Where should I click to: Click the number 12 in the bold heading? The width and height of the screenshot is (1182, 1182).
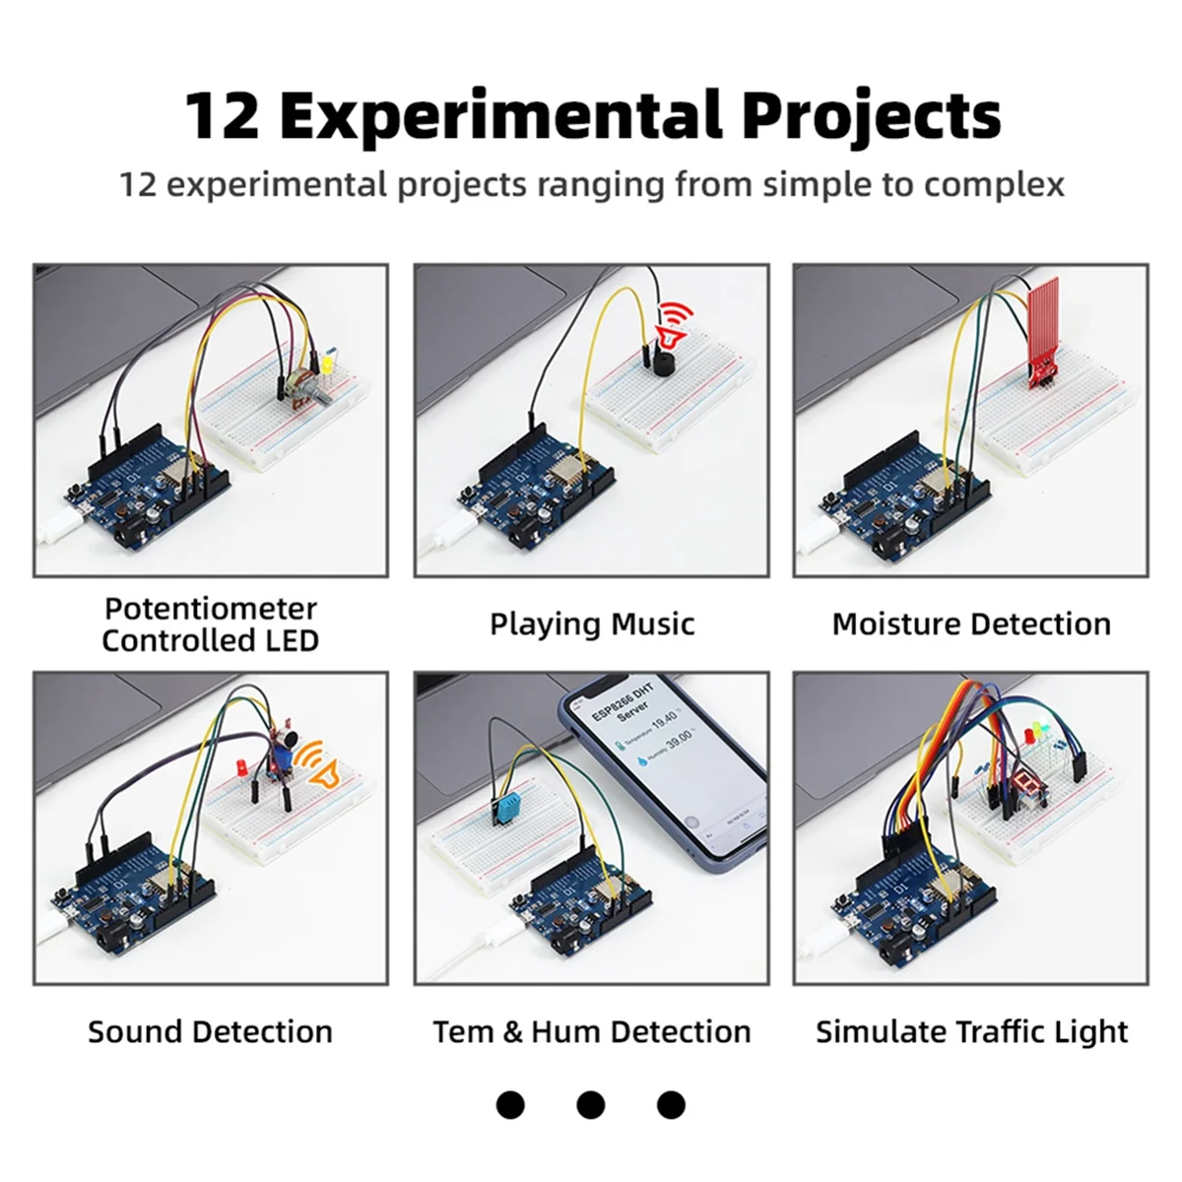[223, 116]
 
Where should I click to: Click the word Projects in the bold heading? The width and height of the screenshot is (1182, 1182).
[871, 116]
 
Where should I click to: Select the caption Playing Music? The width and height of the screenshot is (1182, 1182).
[592, 624]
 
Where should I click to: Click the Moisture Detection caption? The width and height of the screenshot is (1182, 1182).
[971, 624]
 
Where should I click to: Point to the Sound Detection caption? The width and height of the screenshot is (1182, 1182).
[210, 1032]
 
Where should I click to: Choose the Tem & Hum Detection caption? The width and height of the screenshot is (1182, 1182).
[592, 1032]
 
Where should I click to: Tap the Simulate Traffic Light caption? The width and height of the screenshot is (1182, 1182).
[971, 1032]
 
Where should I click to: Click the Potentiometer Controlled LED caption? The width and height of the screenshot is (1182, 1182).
[210, 624]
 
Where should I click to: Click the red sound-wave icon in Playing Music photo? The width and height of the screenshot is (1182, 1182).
[676, 325]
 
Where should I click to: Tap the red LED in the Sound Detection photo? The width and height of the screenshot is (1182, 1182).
[240, 767]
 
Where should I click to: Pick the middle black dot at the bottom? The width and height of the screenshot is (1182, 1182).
[591, 1105]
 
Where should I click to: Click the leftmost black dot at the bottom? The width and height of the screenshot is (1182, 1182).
[510, 1105]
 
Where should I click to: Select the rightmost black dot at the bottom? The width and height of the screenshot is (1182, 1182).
[671, 1105]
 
